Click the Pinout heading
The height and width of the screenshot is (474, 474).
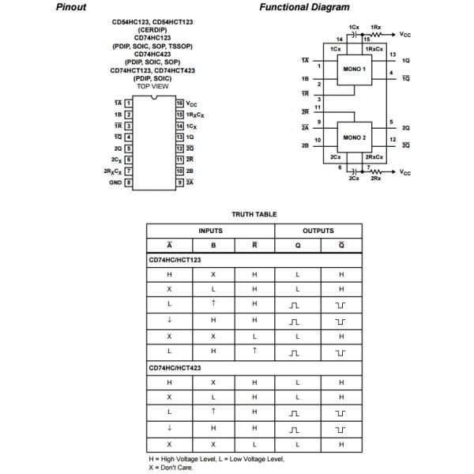point(71,7)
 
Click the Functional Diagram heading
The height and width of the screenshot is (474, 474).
point(304,7)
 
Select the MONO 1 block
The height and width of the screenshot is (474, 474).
point(352,69)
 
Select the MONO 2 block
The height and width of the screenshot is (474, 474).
point(352,137)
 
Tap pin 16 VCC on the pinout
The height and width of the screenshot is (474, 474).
point(180,103)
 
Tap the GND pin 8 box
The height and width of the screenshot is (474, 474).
point(128,182)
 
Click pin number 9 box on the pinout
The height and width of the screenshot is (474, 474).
point(179,182)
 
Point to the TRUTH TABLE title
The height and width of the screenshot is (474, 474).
point(254,214)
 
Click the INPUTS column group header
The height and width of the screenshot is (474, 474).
point(211,231)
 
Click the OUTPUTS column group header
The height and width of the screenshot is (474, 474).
point(318,231)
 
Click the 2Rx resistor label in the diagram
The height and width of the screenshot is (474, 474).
point(376,179)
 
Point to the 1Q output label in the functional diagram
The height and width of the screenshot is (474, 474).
point(405,60)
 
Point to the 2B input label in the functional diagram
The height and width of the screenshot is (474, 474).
point(305,145)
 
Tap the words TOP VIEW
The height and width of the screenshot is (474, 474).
point(153,85)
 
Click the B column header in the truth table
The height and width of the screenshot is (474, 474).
point(213,245)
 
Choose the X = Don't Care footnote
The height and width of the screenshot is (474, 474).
point(171,466)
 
